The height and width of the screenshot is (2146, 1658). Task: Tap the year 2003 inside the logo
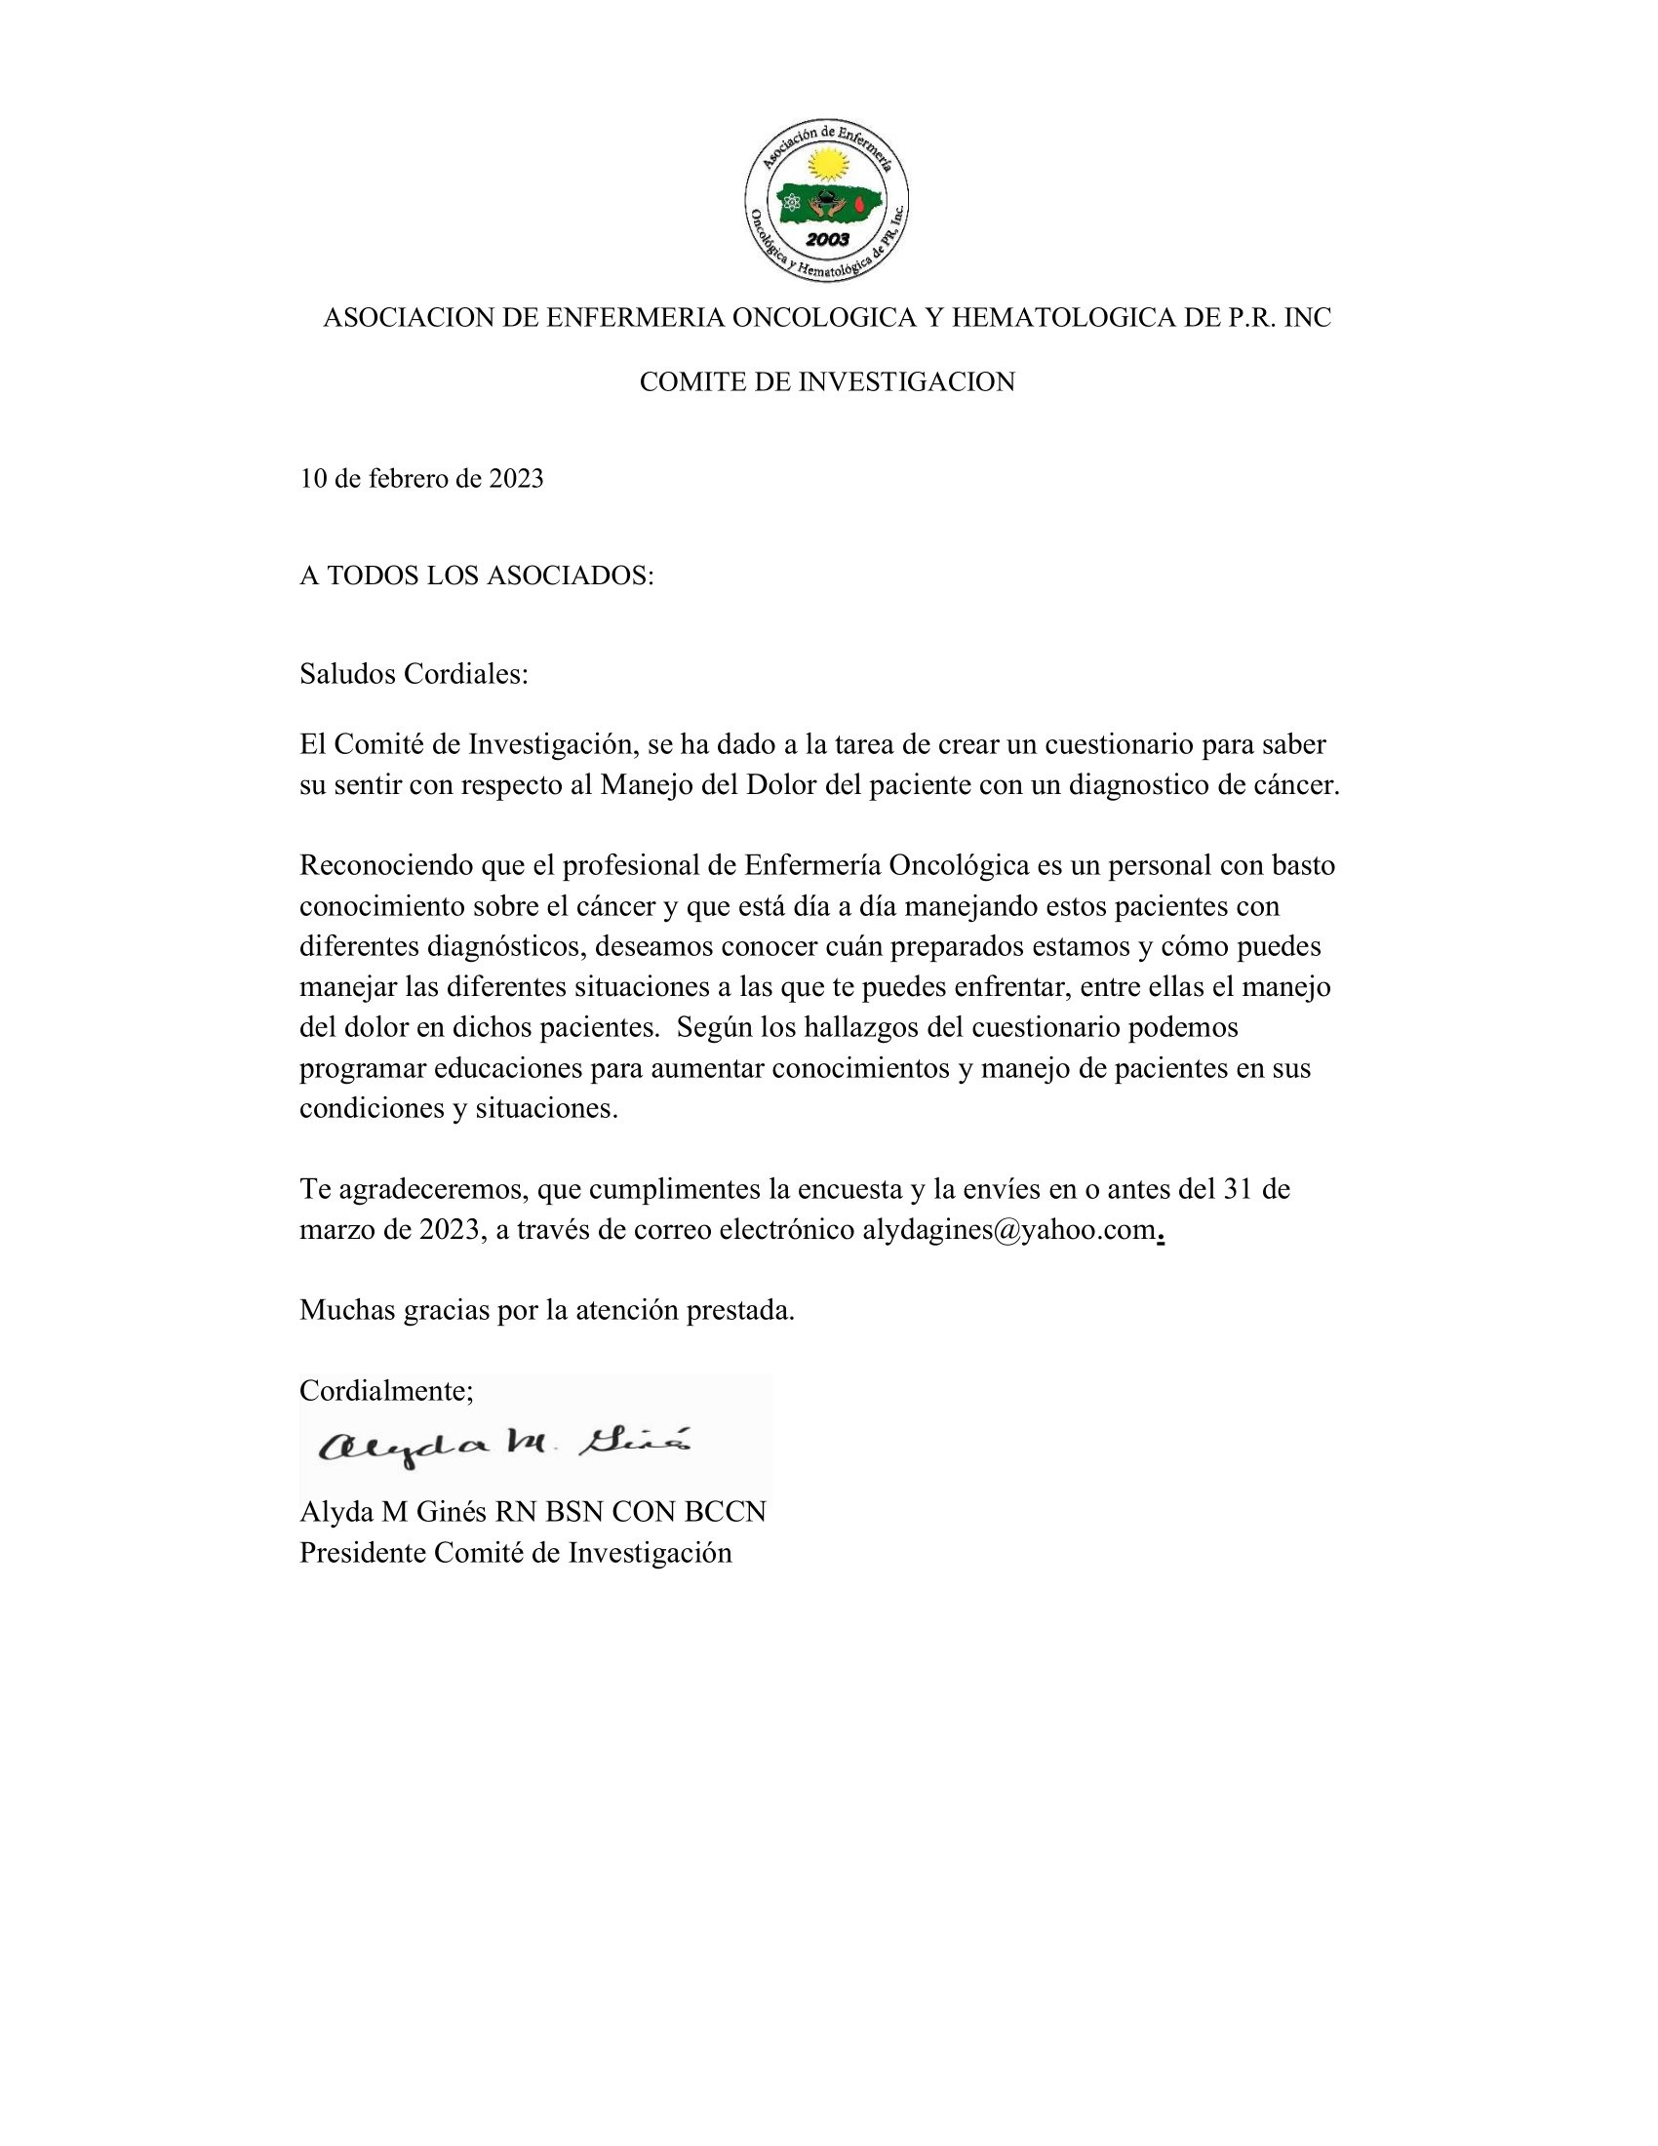click(827, 240)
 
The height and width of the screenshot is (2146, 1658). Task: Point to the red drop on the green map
click(861, 205)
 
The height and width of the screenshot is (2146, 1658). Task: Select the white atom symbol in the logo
click(792, 205)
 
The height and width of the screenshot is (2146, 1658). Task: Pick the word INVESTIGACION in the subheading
click(907, 382)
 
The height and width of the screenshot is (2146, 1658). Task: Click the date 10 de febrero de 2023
click(421, 480)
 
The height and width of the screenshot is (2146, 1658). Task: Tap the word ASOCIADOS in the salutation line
click(570, 576)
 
